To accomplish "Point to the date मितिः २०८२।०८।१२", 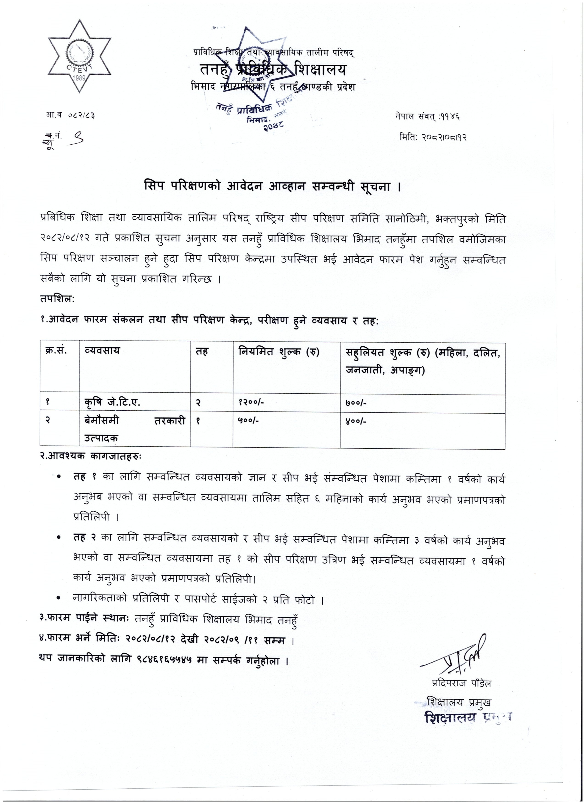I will [x=433, y=137].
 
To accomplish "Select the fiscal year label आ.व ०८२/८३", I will [x=72, y=115].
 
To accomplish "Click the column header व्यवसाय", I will [x=103, y=351].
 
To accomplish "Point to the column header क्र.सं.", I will [x=56, y=351].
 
